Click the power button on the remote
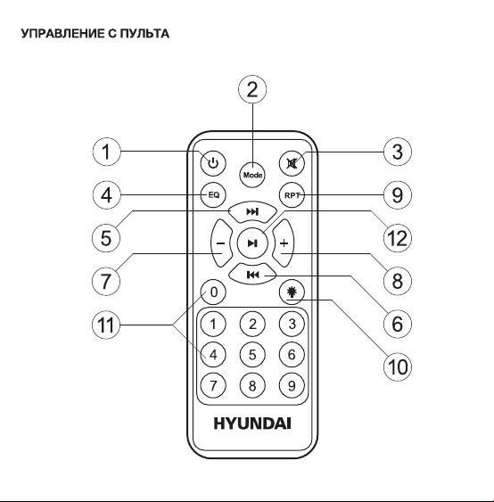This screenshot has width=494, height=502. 213,163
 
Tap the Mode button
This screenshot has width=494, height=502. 252,175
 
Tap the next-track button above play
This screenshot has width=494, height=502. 252,212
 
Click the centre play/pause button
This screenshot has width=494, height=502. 252,243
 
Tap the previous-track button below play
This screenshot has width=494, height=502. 252,275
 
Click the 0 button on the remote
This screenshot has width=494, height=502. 213,292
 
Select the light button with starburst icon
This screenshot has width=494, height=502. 292,292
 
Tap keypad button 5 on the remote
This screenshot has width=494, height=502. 252,355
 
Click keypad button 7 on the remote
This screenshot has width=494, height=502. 213,385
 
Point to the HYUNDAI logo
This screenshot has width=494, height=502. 252,423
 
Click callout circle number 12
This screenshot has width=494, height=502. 398,238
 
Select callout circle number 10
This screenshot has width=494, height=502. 398,366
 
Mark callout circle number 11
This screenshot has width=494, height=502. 106,325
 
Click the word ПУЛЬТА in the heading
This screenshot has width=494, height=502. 144,33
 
